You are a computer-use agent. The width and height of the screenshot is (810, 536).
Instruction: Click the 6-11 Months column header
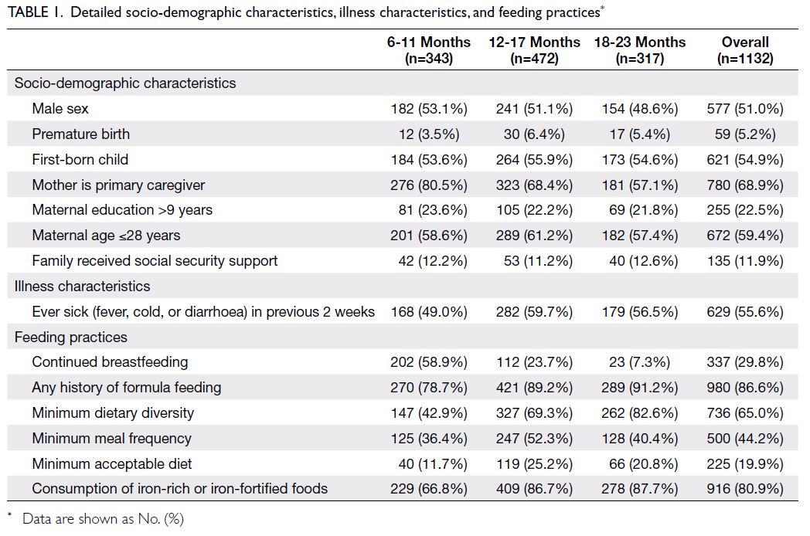coord(429,50)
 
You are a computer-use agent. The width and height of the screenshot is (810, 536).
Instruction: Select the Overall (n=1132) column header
coord(745,50)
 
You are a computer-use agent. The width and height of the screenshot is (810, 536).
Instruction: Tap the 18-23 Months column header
coord(639,50)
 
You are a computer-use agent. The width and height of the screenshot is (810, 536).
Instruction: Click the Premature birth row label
coord(80,134)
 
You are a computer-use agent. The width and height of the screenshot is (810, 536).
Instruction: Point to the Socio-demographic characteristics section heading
coord(125,83)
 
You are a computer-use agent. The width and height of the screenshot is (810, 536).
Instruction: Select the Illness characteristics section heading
coord(82,286)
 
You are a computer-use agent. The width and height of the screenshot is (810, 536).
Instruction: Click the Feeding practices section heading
coord(71,338)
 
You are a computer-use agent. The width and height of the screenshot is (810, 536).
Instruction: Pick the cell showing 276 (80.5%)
coord(429,185)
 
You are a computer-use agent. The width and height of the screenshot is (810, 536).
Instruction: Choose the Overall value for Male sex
coord(745,109)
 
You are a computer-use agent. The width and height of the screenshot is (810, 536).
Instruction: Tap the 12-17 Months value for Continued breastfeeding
coord(534,362)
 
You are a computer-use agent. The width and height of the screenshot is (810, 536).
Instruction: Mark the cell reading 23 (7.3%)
coord(639,362)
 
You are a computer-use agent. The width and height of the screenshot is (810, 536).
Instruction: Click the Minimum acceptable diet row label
coord(111,463)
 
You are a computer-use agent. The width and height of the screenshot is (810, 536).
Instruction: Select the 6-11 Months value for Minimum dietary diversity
coord(429,413)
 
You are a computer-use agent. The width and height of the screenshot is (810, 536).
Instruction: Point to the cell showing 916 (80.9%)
coord(745,488)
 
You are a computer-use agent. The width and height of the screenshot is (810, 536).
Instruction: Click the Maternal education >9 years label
coord(122,210)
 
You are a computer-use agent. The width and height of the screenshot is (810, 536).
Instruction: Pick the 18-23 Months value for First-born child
coord(639,160)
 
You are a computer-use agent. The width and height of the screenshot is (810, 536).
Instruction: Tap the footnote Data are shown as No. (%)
coord(103,519)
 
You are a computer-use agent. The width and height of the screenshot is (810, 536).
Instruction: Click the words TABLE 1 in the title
coord(35,12)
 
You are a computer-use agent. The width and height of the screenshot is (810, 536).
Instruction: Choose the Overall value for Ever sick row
coord(745,312)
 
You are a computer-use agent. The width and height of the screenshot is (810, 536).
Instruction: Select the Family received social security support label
coord(155,261)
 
